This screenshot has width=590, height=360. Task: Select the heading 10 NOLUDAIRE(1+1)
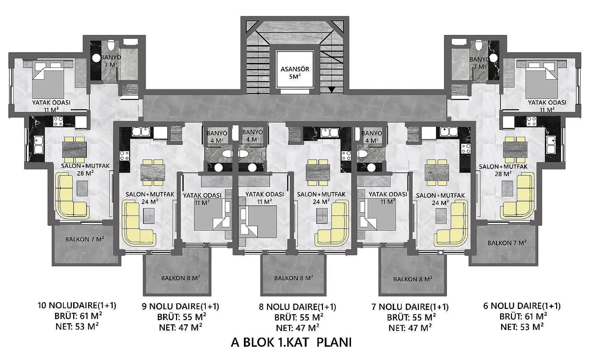pos(77,305)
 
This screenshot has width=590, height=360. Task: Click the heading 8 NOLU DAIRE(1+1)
pos(297,307)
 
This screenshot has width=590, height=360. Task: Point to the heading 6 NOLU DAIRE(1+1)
pos(522,305)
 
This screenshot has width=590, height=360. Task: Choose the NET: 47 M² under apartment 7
pos(410,327)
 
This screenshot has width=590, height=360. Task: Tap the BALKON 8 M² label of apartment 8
pos(295,278)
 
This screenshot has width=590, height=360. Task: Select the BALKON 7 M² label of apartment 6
pos(507,243)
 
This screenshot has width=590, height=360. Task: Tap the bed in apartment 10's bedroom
pos(47,82)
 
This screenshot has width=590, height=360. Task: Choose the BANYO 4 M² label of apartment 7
pos(372,136)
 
